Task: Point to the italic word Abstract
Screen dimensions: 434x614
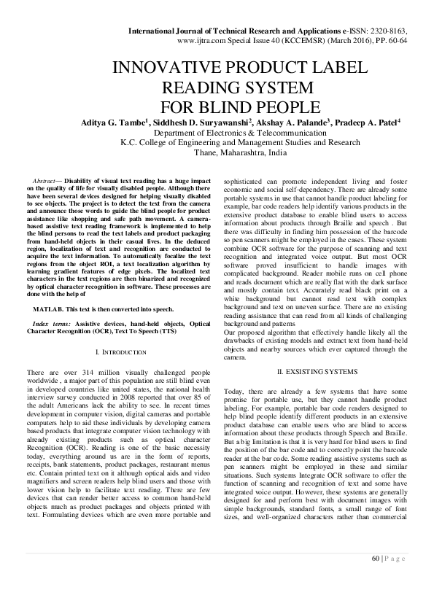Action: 46,179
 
